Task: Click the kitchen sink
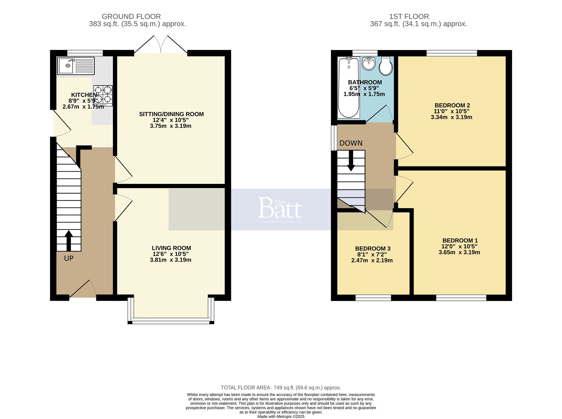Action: point(75,65)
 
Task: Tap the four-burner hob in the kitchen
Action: point(103,95)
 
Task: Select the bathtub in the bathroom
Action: point(349,87)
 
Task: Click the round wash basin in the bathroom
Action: point(369,64)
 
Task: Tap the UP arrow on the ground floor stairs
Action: point(69,241)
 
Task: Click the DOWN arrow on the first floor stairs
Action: point(351,161)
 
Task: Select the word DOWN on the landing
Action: point(351,143)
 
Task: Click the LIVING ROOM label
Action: point(171,248)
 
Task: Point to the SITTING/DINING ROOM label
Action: point(171,114)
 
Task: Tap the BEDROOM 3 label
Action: point(373,249)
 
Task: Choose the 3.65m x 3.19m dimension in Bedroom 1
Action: point(459,252)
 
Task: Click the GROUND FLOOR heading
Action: point(131,17)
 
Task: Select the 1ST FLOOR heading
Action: point(409,17)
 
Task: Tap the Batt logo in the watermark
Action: point(280,208)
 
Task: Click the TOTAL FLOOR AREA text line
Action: point(281,388)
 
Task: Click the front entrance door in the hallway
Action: point(83,289)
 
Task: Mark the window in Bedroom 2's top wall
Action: point(452,53)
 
